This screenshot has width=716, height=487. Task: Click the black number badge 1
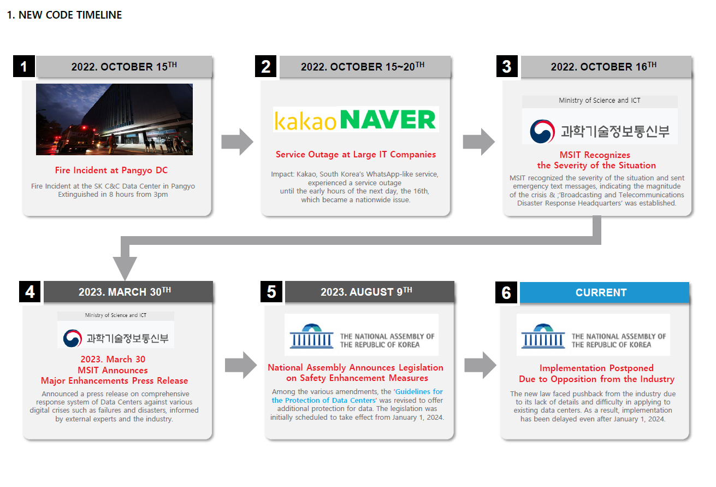point(23,67)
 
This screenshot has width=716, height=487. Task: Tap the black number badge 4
point(30,292)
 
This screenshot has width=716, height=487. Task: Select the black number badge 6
point(506,292)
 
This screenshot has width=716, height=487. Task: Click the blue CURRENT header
point(604,292)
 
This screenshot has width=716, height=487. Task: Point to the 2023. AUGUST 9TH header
point(369,292)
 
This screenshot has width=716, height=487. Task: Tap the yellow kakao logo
point(305,120)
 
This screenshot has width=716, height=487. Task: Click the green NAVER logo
point(388,120)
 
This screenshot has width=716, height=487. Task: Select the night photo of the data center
point(114,119)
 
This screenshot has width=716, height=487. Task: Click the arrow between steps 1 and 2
point(237,142)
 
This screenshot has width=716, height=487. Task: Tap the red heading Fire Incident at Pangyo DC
point(111,171)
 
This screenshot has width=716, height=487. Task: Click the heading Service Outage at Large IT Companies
point(356,155)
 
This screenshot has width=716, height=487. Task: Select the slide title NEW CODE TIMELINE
point(64,15)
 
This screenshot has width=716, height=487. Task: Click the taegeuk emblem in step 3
point(542,131)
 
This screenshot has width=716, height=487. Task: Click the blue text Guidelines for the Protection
point(357,396)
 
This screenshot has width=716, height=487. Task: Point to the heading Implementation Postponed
point(596,368)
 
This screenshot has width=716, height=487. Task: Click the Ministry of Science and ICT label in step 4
point(115,315)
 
